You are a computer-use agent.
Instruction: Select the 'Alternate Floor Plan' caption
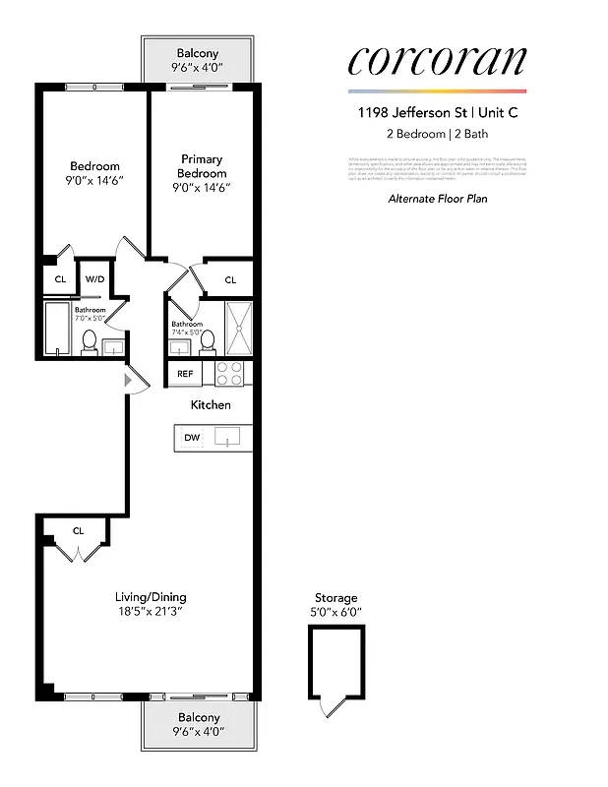coord(437,199)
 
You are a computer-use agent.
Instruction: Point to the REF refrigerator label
coord(185,374)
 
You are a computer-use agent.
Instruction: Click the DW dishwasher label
coord(191,438)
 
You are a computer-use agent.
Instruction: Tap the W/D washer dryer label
coord(94,279)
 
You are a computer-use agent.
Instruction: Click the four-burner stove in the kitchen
coord(228,374)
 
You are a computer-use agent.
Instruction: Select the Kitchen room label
coord(211,404)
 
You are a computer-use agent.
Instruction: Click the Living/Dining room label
coord(151,596)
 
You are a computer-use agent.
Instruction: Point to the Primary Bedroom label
coord(202,166)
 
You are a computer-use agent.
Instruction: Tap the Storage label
coord(335,597)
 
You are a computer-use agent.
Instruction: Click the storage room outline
coord(335,659)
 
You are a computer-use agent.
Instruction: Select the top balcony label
coord(198,53)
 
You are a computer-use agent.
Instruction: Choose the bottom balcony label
coord(198,717)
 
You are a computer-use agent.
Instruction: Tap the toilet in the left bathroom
coord(88,341)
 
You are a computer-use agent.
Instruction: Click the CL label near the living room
coord(78,531)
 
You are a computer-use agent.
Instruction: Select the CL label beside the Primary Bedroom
coord(230,280)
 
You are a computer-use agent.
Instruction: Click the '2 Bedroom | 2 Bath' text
coord(437,134)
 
